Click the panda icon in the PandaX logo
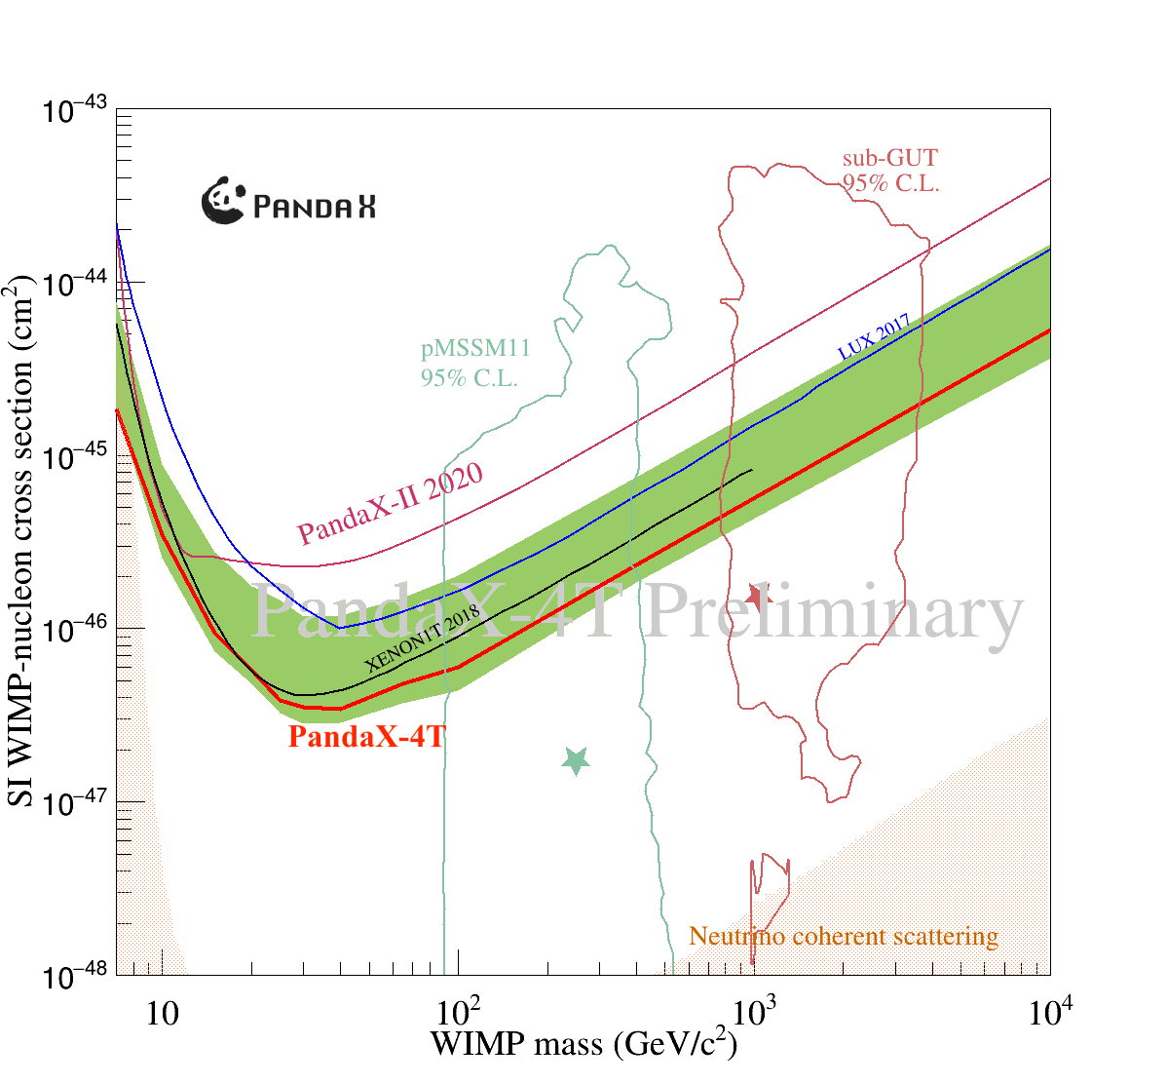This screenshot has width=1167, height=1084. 223,201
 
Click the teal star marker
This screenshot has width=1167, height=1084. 576,760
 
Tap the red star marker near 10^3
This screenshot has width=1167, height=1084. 758,598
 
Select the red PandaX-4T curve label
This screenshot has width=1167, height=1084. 366,737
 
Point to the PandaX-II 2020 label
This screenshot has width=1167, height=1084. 391,503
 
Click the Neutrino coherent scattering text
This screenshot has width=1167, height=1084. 844,937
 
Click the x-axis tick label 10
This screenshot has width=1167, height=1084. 162,1015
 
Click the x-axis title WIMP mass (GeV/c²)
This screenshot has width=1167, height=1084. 583,1044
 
